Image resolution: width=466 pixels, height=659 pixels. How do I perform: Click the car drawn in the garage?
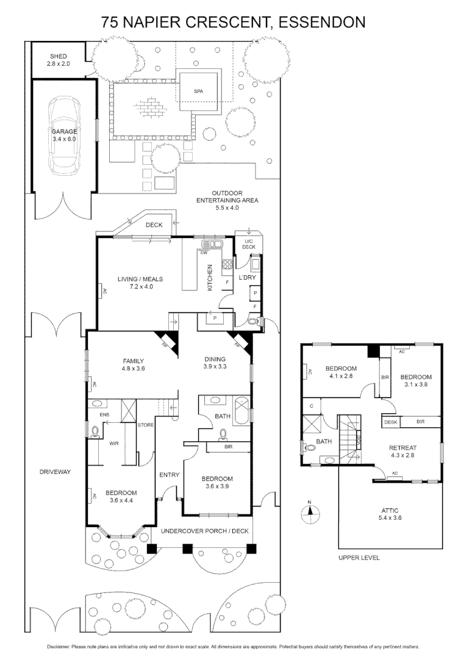point(64,135)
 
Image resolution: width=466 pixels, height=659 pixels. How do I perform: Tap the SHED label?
point(58,56)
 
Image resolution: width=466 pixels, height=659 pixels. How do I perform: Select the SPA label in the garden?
point(198,91)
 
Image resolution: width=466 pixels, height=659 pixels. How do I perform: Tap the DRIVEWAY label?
point(55,472)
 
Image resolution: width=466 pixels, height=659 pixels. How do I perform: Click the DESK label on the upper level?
point(391,422)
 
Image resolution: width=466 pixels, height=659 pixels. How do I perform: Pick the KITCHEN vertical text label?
point(209,278)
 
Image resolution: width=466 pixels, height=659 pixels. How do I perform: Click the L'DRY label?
point(246,278)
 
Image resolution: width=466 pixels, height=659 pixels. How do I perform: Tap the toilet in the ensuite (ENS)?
point(94,433)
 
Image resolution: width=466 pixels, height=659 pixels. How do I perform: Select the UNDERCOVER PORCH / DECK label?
point(204,531)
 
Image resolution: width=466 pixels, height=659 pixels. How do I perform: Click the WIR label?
point(113,444)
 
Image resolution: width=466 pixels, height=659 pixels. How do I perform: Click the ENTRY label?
point(168,474)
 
